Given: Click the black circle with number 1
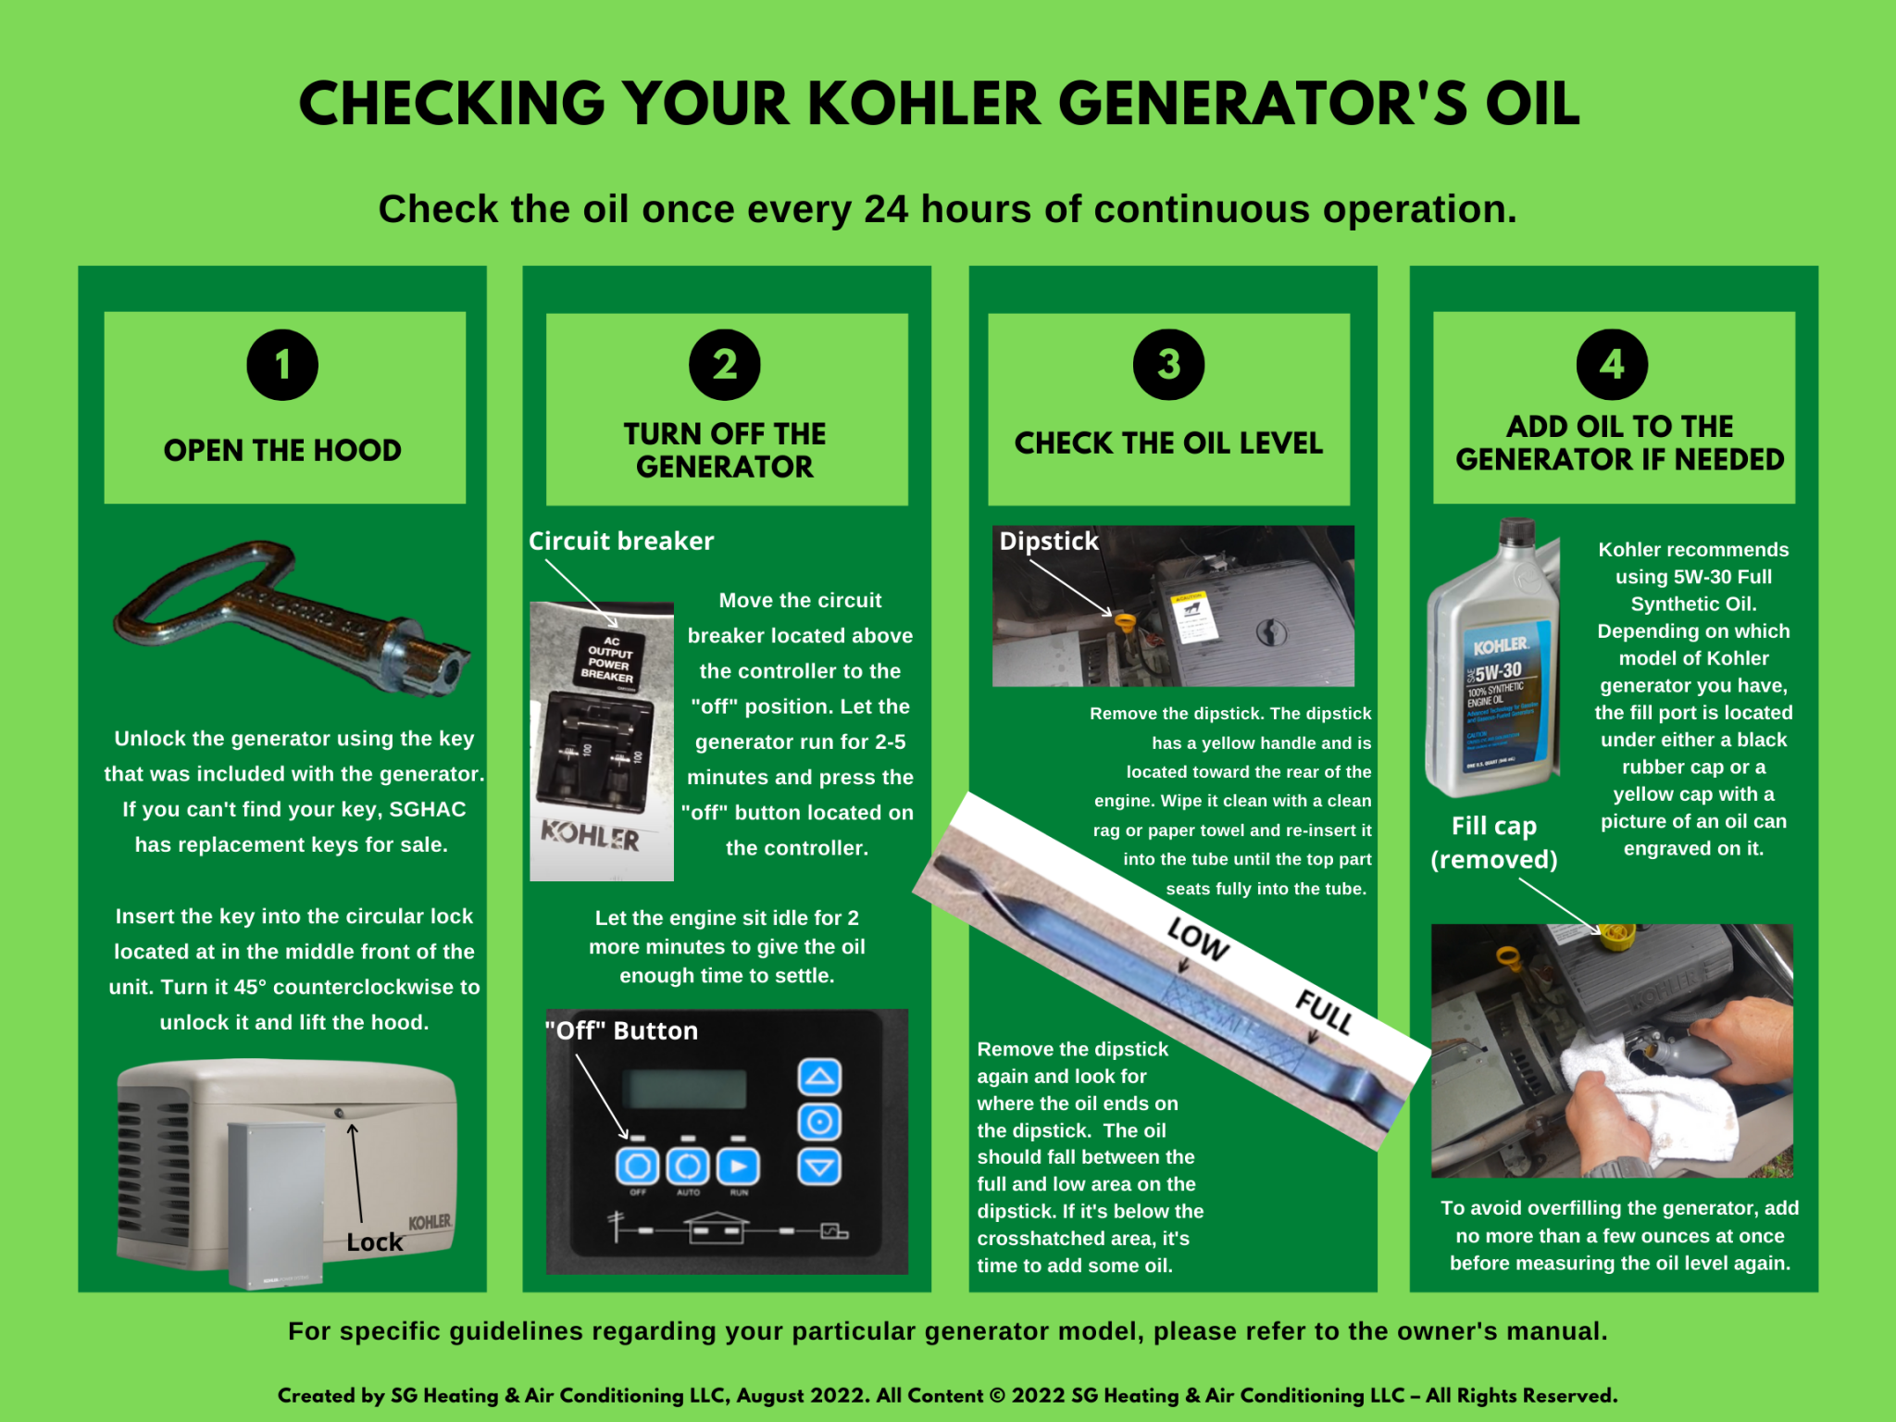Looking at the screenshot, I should pyautogui.click(x=282, y=365).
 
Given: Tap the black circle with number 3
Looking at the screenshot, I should pyautogui.click(x=1168, y=365).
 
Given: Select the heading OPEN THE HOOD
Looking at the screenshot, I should pyautogui.click(x=282, y=451).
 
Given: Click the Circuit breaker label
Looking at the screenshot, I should pyautogui.click(x=621, y=542).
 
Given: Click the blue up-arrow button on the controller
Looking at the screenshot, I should pyautogui.click(x=819, y=1077).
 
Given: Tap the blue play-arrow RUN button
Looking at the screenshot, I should pyautogui.click(x=738, y=1166).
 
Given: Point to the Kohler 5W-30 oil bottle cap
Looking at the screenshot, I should pyautogui.click(x=1516, y=533).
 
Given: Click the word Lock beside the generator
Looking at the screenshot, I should pyautogui.click(x=374, y=1242).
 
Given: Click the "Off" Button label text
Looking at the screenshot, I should pyautogui.click(x=621, y=1031).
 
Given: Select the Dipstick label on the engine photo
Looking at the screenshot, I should pyautogui.click(x=1049, y=542).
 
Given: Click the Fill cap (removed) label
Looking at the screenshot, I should pyautogui.click(x=1493, y=842).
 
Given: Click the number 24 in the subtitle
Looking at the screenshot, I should pyautogui.click(x=886, y=210).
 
